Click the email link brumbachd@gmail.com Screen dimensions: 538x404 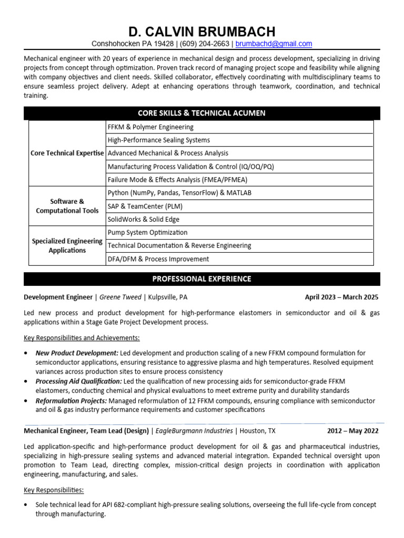274,44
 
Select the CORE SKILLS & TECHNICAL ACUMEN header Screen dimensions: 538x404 201,113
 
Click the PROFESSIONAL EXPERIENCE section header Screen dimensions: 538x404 201,278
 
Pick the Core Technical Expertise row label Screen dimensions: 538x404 67,153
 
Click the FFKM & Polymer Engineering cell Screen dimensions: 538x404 150,127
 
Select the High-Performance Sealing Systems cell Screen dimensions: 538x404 158,140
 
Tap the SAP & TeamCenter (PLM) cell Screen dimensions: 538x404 145,206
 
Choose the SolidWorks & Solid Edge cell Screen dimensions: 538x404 143,219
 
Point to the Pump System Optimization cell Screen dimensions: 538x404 147,232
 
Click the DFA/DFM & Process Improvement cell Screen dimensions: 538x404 158,258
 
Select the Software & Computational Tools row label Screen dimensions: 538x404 67,206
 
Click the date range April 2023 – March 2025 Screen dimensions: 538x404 341,297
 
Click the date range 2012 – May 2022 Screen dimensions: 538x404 352,431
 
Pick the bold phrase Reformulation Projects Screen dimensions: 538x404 71,400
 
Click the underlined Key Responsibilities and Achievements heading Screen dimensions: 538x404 82,337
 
